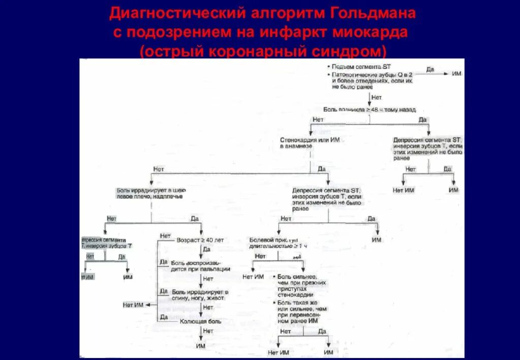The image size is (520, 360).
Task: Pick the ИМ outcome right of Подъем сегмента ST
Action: [457, 74]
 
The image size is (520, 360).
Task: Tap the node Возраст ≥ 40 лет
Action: [200, 240]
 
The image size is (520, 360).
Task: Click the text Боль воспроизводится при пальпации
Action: [201, 266]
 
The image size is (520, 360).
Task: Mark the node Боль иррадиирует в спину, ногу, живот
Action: [200, 295]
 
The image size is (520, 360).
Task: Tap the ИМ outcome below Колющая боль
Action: [201, 346]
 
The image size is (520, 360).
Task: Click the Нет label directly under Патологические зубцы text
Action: [376, 97]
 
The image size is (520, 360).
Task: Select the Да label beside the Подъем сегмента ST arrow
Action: [430, 69]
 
